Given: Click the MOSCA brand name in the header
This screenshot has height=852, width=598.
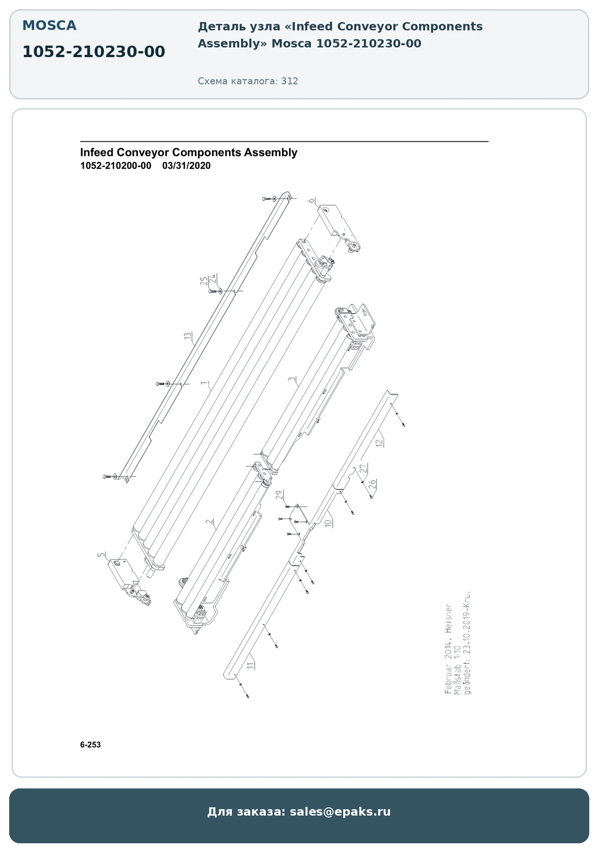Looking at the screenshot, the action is click(x=49, y=26).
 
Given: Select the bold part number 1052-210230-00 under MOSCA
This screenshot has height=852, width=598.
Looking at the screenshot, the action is click(x=94, y=52).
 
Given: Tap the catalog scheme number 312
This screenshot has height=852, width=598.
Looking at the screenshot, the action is click(x=290, y=81).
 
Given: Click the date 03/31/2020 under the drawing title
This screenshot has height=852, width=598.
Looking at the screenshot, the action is click(x=186, y=166).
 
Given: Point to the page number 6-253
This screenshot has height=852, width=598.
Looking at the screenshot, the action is click(x=90, y=745).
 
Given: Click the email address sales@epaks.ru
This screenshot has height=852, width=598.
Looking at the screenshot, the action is click(x=340, y=811).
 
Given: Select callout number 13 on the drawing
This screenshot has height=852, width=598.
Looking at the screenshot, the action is click(x=188, y=336).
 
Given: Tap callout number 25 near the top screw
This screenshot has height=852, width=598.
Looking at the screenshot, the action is click(x=204, y=281).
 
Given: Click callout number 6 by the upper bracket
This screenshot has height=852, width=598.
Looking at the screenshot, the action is click(x=311, y=200).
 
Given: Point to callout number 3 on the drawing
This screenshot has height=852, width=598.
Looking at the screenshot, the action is click(x=291, y=379).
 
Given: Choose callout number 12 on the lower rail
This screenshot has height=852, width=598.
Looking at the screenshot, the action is click(x=379, y=443).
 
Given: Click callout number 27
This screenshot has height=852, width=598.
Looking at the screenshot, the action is click(x=363, y=468).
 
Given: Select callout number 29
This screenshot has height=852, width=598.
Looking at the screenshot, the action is click(x=279, y=495).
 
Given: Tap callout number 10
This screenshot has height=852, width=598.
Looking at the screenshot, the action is click(x=328, y=523).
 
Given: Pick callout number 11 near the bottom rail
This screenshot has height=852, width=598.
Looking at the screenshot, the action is click(x=250, y=665).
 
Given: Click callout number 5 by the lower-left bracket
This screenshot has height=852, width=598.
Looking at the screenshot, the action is click(x=101, y=555).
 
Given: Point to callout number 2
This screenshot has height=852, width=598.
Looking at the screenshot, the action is click(x=210, y=522).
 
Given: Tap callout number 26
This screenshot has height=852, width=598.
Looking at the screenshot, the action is click(x=373, y=484).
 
